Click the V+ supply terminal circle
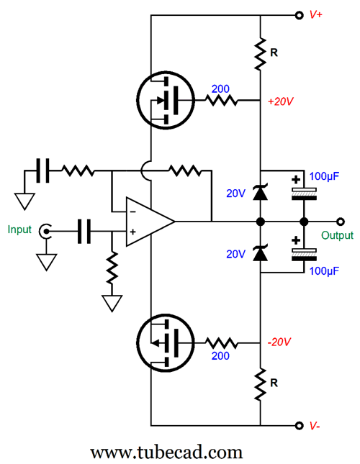[x=300, y=15]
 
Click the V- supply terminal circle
[x=300, y=426]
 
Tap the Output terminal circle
[x=341, y=222]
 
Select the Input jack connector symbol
[x=45, y=231]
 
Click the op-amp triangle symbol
[x=150, y=222]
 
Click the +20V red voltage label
[x=280, y=101]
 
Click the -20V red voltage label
[x=279, y=342]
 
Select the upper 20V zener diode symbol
[x=260, y=192]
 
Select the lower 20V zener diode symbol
[x=260, y=253]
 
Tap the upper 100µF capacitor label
[x=324, y=176]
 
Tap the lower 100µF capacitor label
[x=324, y=271]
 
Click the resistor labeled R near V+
[x=260, y=54]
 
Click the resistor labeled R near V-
[x=260, y=384]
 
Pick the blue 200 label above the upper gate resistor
[x=220, y=88]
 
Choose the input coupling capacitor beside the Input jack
[x=84, y=231]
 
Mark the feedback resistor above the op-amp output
[x=185, y=170]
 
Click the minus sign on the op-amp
[x=133, y=211]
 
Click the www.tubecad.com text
[x=166, y=452]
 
